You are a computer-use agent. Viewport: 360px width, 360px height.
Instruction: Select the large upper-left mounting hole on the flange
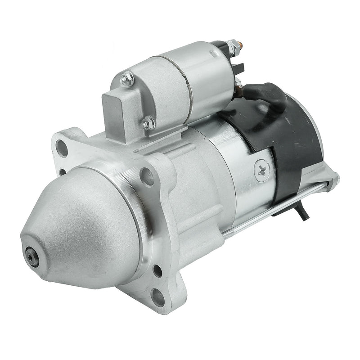click(63, 148)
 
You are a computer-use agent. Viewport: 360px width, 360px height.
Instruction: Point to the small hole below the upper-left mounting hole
click(62, 171)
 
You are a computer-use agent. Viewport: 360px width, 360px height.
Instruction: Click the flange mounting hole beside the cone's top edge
click(146, 176)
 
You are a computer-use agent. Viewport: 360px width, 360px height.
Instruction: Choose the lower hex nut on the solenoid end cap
click(148, 122)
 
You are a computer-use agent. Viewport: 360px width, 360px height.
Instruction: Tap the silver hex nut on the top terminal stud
click(232, 46)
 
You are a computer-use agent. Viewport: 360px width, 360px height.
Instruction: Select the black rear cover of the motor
click(297, 144)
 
